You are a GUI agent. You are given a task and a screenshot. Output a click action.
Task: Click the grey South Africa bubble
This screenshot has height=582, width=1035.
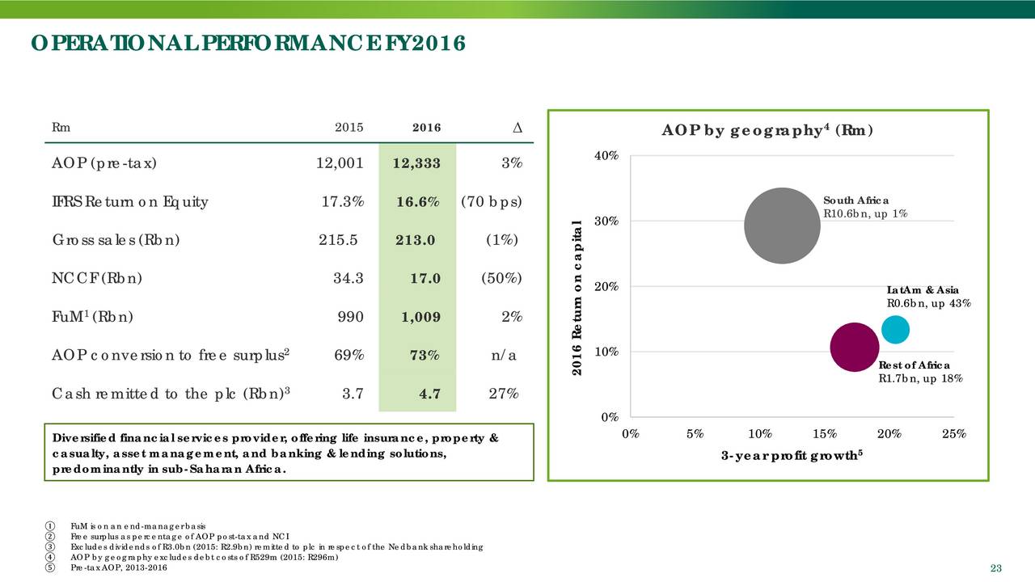[782, 226]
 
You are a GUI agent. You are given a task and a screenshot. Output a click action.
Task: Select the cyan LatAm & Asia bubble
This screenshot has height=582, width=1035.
[895, 329]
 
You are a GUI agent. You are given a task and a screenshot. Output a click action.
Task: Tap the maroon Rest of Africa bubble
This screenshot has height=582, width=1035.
[855, 348]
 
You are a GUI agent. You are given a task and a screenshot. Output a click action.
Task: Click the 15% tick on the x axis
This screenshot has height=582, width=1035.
[825, 433]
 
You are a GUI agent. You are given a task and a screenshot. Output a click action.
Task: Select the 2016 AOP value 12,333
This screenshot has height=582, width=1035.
[416, 164]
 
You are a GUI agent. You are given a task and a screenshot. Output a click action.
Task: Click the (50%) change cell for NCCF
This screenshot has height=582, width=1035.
[501, 279]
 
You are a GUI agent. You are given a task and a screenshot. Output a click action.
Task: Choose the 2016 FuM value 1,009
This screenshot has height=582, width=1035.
[420, 317]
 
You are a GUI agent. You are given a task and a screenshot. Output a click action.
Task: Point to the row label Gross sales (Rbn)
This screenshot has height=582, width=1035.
[116, 240]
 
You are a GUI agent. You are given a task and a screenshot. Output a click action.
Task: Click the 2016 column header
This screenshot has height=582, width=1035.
[426, 127]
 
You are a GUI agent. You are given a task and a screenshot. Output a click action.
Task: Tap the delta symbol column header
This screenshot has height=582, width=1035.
[517, 128]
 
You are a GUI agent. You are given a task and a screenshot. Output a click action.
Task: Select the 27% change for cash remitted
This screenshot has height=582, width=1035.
[505, 394]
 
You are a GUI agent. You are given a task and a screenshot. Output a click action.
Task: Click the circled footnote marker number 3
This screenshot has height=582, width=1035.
[51, 547]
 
